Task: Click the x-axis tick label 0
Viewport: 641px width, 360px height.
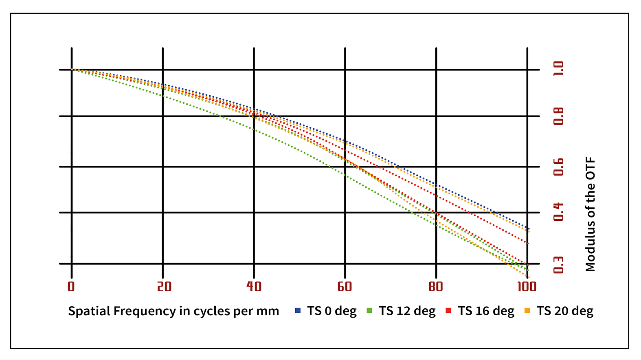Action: [x=71, y=287]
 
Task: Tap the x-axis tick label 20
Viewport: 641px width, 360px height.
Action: [x=164, y=287]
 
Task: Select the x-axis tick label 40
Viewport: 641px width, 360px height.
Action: [x=254, y=287]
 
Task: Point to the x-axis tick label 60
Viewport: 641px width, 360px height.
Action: [x=345, y=287]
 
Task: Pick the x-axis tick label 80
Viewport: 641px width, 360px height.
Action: [x=436, y=287]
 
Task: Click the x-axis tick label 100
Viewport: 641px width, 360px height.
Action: [x=527, y=287]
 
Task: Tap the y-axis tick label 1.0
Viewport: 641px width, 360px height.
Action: [x=559, y=68]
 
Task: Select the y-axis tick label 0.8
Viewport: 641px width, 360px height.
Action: [x=559, y=116]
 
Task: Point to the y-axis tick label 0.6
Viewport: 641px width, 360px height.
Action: [x=559, y=167]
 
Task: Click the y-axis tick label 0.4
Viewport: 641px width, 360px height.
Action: [x=559, y=212]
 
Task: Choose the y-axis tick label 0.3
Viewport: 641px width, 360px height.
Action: [x=559, y=265]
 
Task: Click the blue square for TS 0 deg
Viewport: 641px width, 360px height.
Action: [x=298, y=311]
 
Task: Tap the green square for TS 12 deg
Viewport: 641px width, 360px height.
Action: [x=370, y=311]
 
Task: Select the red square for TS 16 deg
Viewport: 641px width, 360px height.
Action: [x=448, y=311]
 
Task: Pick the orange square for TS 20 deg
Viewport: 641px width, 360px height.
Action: [x=527, y=311]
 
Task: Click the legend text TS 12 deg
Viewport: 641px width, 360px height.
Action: [x=407, y=311]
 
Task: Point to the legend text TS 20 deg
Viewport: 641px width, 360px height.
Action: [x=565, y=311]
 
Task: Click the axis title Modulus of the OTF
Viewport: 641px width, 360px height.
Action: [x=591, y=214]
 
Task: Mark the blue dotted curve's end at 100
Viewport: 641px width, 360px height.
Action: [x=528, y=228]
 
